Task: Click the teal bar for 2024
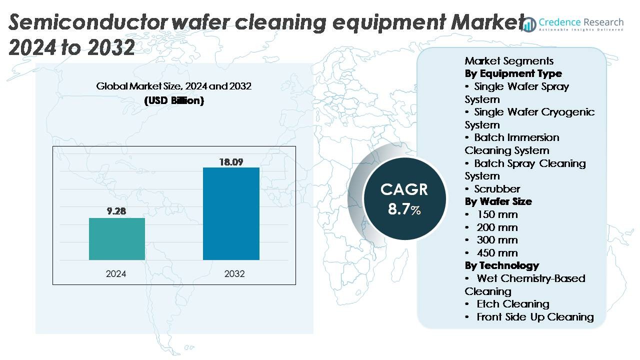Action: [x=117, y=239]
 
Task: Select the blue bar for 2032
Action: [x=231, y=213]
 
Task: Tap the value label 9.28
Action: [x=117, y=211]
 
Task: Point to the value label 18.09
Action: [x=231, y=161]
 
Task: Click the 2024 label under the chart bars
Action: [x=116, y=274]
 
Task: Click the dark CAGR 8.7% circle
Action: [x=404, y=198]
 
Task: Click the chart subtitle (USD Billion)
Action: [x=174, y=100]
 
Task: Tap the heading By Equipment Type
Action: [x=513, y=73]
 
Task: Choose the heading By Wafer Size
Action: [x=498, y=201]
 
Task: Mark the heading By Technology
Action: [x=501, y=265]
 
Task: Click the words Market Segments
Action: [x=509, y=61]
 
